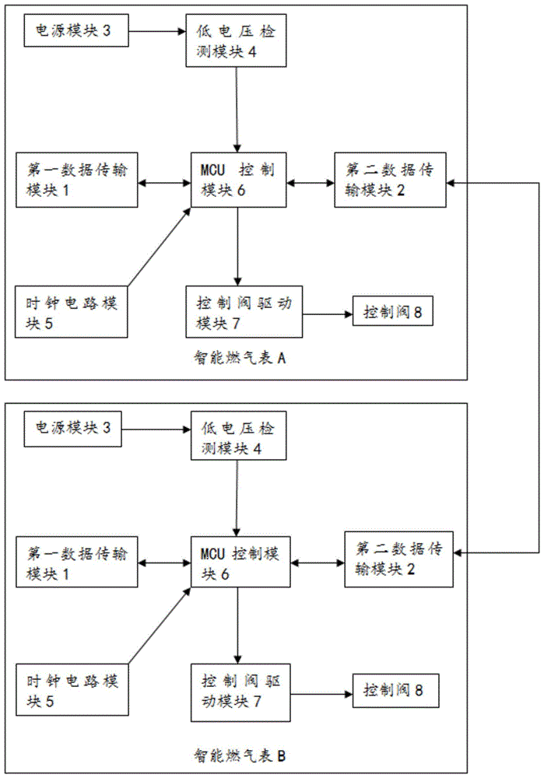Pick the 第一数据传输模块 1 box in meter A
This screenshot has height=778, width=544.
tap(77, 180)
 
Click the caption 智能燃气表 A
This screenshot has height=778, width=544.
tap(230, 359)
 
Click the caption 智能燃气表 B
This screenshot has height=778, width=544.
tap(230, 755)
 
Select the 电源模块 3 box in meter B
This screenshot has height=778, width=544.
tap(73, 428)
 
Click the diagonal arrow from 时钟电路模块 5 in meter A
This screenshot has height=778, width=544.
tap(159, 247)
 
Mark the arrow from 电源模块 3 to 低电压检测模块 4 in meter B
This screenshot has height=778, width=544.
tap(156, 428)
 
